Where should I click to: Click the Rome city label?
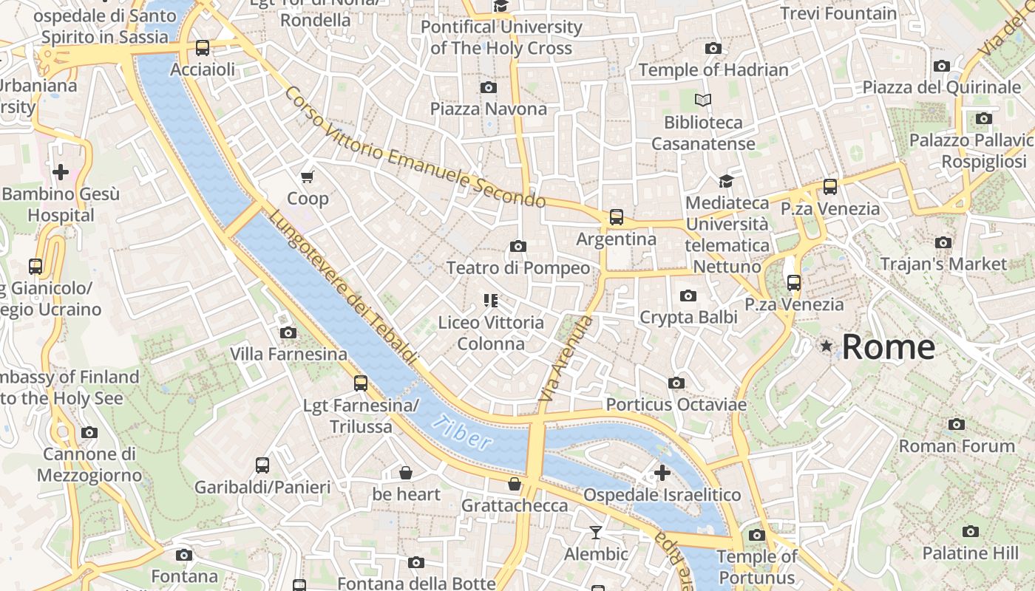pos(888,347)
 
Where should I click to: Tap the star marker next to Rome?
pos(826,346)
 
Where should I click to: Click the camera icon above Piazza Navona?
pos(488,88)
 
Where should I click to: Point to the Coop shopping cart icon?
pos(308,177)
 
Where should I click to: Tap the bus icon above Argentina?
pos(616,217)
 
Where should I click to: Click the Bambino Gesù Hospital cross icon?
pos(61,172)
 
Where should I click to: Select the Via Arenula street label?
pos(566,359)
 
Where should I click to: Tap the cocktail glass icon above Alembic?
pos(595,532)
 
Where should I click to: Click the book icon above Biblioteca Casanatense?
pos(702,100)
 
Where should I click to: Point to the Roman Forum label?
pos(956,446)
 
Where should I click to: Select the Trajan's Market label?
pos(943,264)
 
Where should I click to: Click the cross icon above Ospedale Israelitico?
pos(662,473)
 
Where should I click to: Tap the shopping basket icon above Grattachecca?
pos(514,484)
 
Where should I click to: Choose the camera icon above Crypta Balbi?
pos(688,296)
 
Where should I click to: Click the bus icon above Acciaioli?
pos(202,48)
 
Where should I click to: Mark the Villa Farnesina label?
pos(288,355)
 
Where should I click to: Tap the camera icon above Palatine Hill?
pos(970,531)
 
